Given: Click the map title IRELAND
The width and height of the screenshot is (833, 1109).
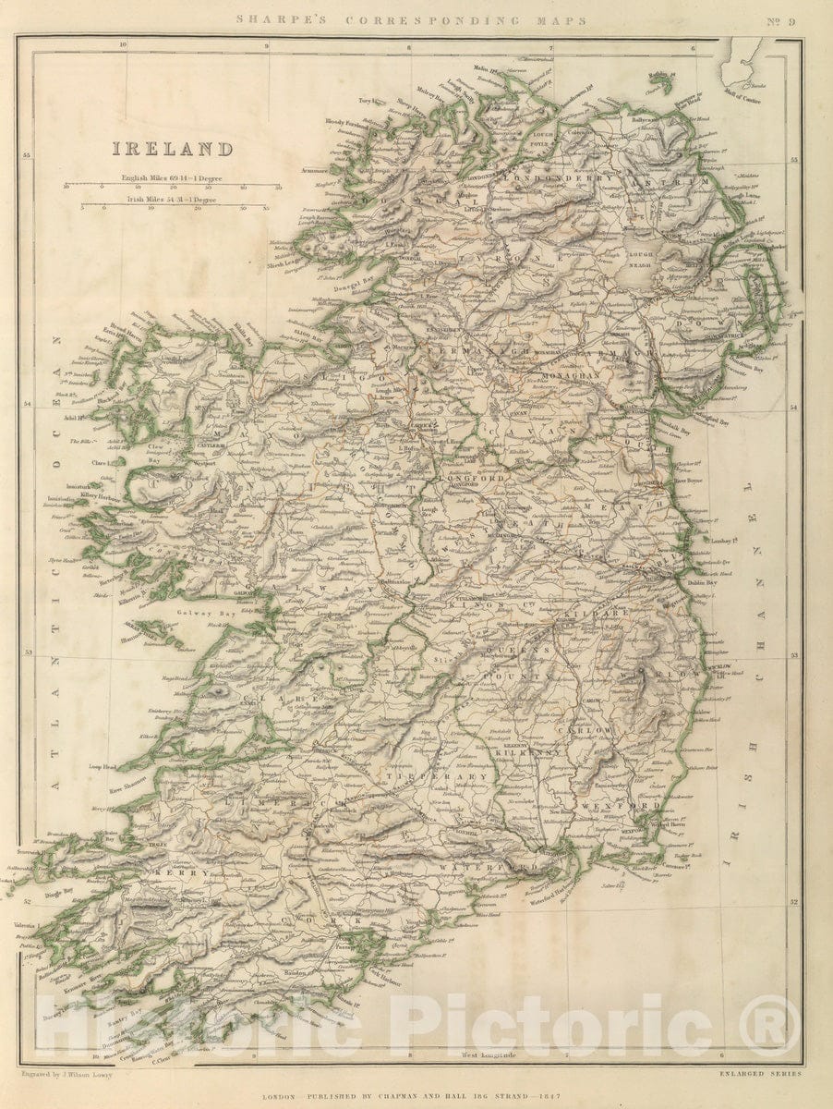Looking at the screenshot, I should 173,149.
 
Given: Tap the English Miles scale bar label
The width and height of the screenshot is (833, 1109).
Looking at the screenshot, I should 174,175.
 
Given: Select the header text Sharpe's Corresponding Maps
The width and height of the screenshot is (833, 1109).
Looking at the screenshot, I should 411,20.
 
